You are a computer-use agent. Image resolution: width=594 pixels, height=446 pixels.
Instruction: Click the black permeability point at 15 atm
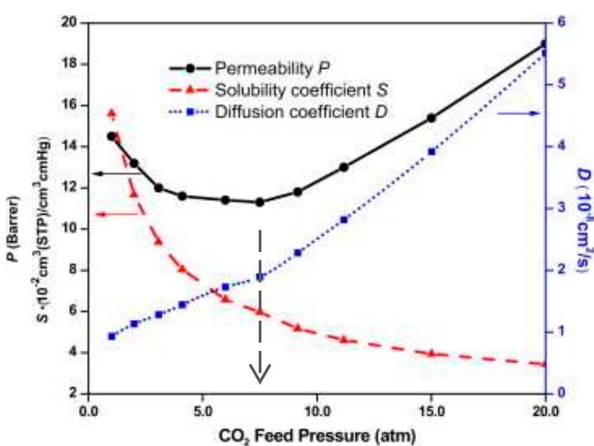432,118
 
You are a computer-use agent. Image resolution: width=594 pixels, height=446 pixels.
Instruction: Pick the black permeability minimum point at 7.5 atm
259,202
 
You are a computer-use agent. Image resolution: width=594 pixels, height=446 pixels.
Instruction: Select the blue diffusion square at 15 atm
432,152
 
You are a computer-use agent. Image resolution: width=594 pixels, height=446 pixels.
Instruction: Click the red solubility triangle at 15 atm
432,354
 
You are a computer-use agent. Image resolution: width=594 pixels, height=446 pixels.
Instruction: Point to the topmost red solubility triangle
112,113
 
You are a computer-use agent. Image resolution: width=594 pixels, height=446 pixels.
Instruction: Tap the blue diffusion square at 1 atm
112,336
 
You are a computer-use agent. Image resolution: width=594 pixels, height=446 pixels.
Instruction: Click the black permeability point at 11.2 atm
344,167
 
